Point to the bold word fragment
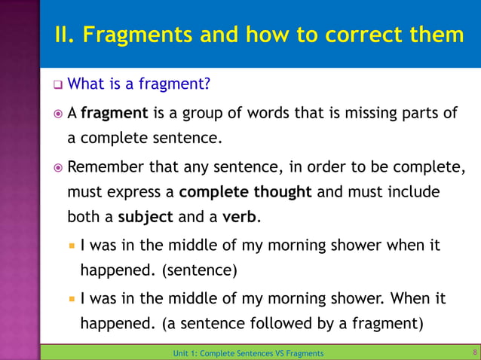(114, 114)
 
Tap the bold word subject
(146, 218)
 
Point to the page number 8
(474, 352)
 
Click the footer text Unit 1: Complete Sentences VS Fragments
(248, 353)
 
